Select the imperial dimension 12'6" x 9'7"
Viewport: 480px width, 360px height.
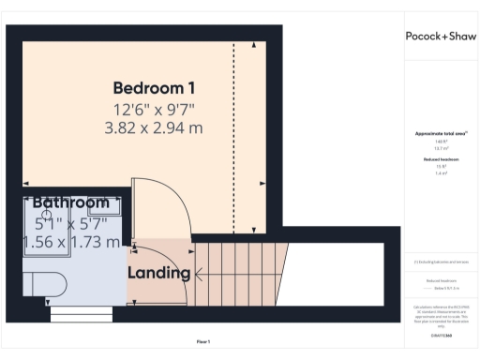pyautogui.click(x=154, y=109)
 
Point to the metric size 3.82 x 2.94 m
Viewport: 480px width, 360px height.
pyautogui.click(x=154, y=127)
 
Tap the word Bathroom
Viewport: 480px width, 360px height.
pyautogui.click(x=71, y=202)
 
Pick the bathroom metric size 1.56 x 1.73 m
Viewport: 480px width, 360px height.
pyautogui.click(x=71, y=242)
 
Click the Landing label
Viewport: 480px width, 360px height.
pyautogui.click(x=159, y=274)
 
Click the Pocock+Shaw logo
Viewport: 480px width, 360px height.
pyautogui.click(x=441, y=37)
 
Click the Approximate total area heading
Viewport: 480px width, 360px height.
pyautogui.click(x=440, y=134)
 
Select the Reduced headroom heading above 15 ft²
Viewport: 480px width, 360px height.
pyautogui.click(x=440, y=160)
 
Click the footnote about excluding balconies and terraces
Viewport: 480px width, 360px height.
pyautogui.click(x=440, y=262)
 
